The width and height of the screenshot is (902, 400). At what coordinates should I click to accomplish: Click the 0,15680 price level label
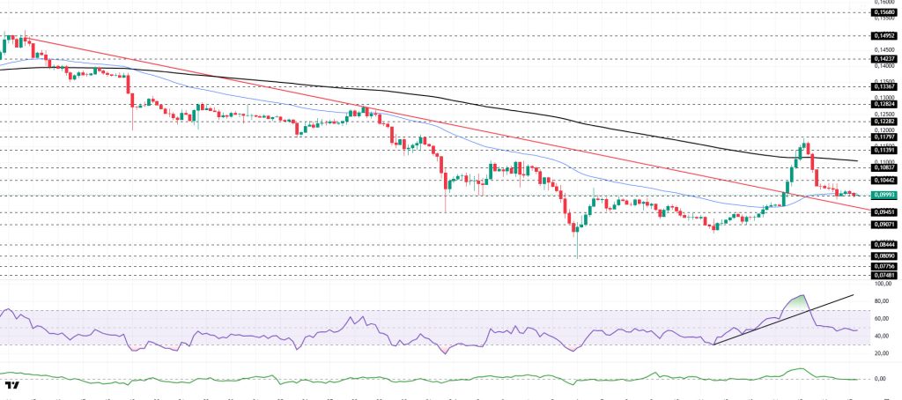click(884, 12)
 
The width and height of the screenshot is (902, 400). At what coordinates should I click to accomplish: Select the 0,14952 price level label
click(884, 36)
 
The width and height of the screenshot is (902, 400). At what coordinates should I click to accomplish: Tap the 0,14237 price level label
click(884, 59)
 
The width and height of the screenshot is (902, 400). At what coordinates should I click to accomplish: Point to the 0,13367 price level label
click(884, 86)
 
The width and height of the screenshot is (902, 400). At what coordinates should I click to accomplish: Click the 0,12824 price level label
click(884, 103)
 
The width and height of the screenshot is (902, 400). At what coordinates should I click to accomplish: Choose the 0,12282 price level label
click(884, 122)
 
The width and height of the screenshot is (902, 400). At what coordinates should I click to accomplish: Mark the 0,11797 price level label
click(884, 137)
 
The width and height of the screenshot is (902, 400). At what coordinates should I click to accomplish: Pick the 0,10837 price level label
click(884, 167)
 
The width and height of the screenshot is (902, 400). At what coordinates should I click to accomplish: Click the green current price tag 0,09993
click(884, 195)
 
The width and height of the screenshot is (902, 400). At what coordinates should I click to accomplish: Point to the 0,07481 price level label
click(884, 275)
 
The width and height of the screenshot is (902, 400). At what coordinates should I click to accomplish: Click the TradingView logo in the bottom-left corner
click(12, 386)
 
